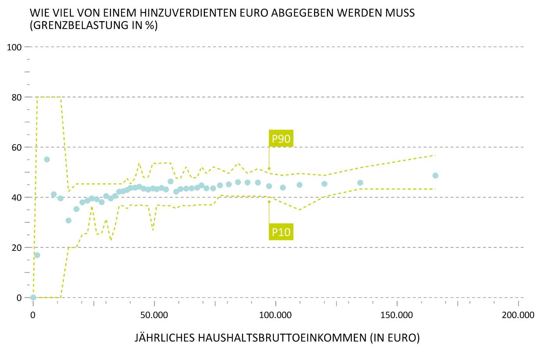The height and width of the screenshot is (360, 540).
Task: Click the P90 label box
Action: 281,139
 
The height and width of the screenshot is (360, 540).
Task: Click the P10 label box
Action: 281,232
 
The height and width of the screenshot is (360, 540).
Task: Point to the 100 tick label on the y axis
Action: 14,47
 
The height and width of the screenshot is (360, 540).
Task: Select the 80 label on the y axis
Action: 16,97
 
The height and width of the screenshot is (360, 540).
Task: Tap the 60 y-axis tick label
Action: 16,147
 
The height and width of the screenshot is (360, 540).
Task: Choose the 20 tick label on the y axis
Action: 16,248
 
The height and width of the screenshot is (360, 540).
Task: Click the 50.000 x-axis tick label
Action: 154,315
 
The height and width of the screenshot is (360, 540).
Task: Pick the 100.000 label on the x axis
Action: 275,315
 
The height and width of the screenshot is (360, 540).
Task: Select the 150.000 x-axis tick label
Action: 397,315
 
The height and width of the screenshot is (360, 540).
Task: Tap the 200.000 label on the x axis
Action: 518,315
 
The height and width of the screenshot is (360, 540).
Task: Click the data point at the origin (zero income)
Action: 33,297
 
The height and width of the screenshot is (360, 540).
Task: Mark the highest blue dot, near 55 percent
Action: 47,159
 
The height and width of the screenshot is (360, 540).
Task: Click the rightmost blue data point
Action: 435,176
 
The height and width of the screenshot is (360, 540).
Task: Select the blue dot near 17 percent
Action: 37,255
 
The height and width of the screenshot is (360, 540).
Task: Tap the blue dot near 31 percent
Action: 69,221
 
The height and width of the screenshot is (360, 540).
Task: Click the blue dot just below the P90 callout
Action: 269,186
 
